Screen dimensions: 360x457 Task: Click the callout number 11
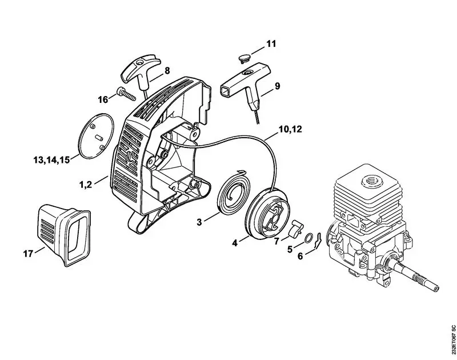(x=271, y=43)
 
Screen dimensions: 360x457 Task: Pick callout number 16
(x=103, y=99)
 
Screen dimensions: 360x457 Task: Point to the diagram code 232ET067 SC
(x=452, y=339)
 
